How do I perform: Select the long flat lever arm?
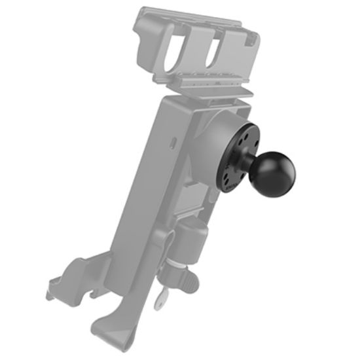tap(131, 216)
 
